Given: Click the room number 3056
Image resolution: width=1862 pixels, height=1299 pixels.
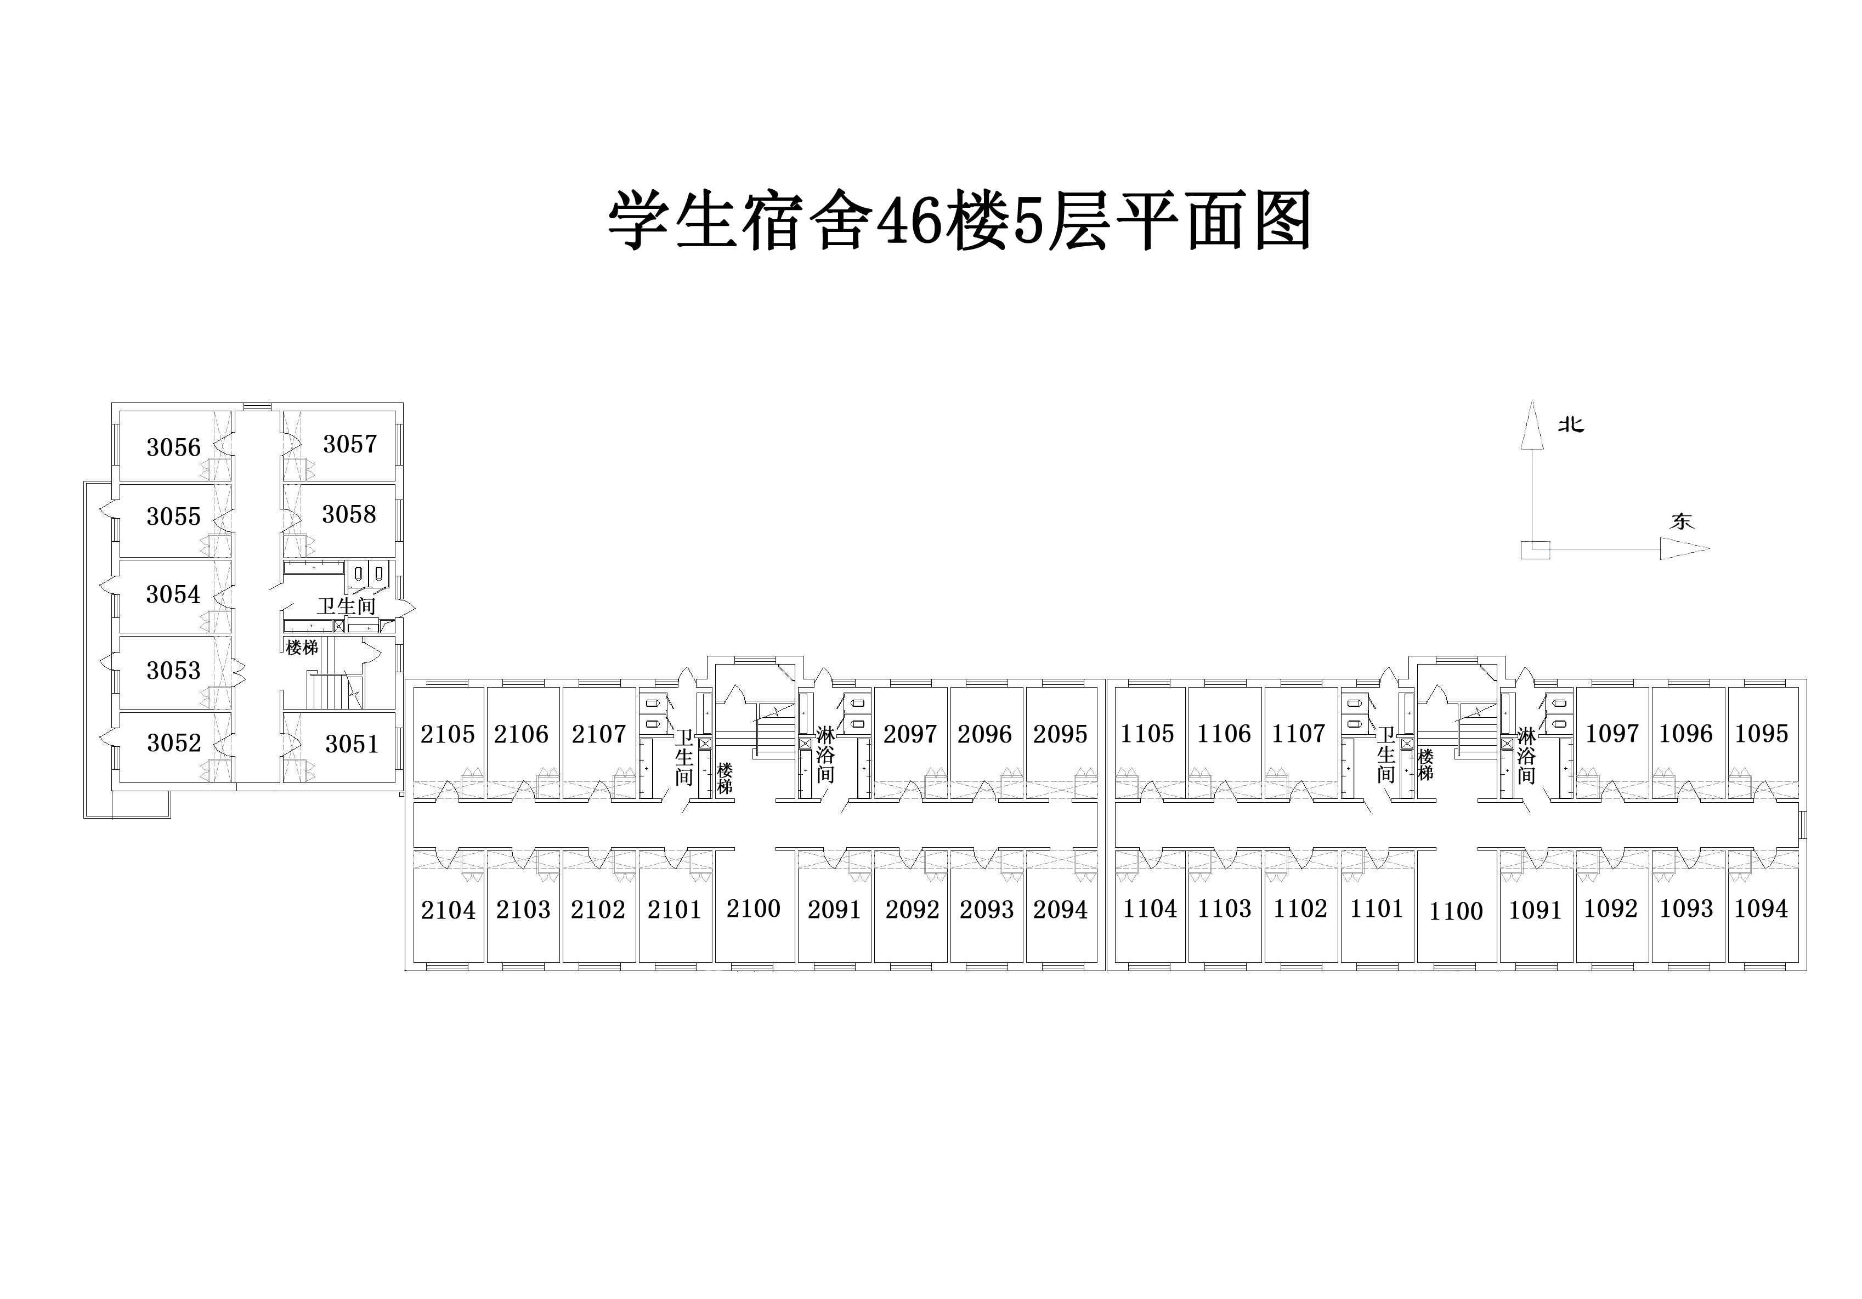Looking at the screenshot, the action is coord(173,447).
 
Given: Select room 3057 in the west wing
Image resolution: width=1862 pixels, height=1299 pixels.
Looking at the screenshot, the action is coord(350,444).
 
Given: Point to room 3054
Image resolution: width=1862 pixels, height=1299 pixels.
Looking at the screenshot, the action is coord(173,594).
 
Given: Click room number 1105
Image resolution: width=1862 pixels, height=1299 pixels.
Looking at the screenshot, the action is coord(1147,733).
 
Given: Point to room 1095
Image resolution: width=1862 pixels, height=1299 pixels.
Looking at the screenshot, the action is coord(1762,733).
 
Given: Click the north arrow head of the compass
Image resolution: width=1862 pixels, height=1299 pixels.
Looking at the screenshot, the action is coord(1531,424).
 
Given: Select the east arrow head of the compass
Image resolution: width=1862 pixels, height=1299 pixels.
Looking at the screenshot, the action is coord(1684,549).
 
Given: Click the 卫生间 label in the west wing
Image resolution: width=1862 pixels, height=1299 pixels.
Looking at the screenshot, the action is coord(346,606).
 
